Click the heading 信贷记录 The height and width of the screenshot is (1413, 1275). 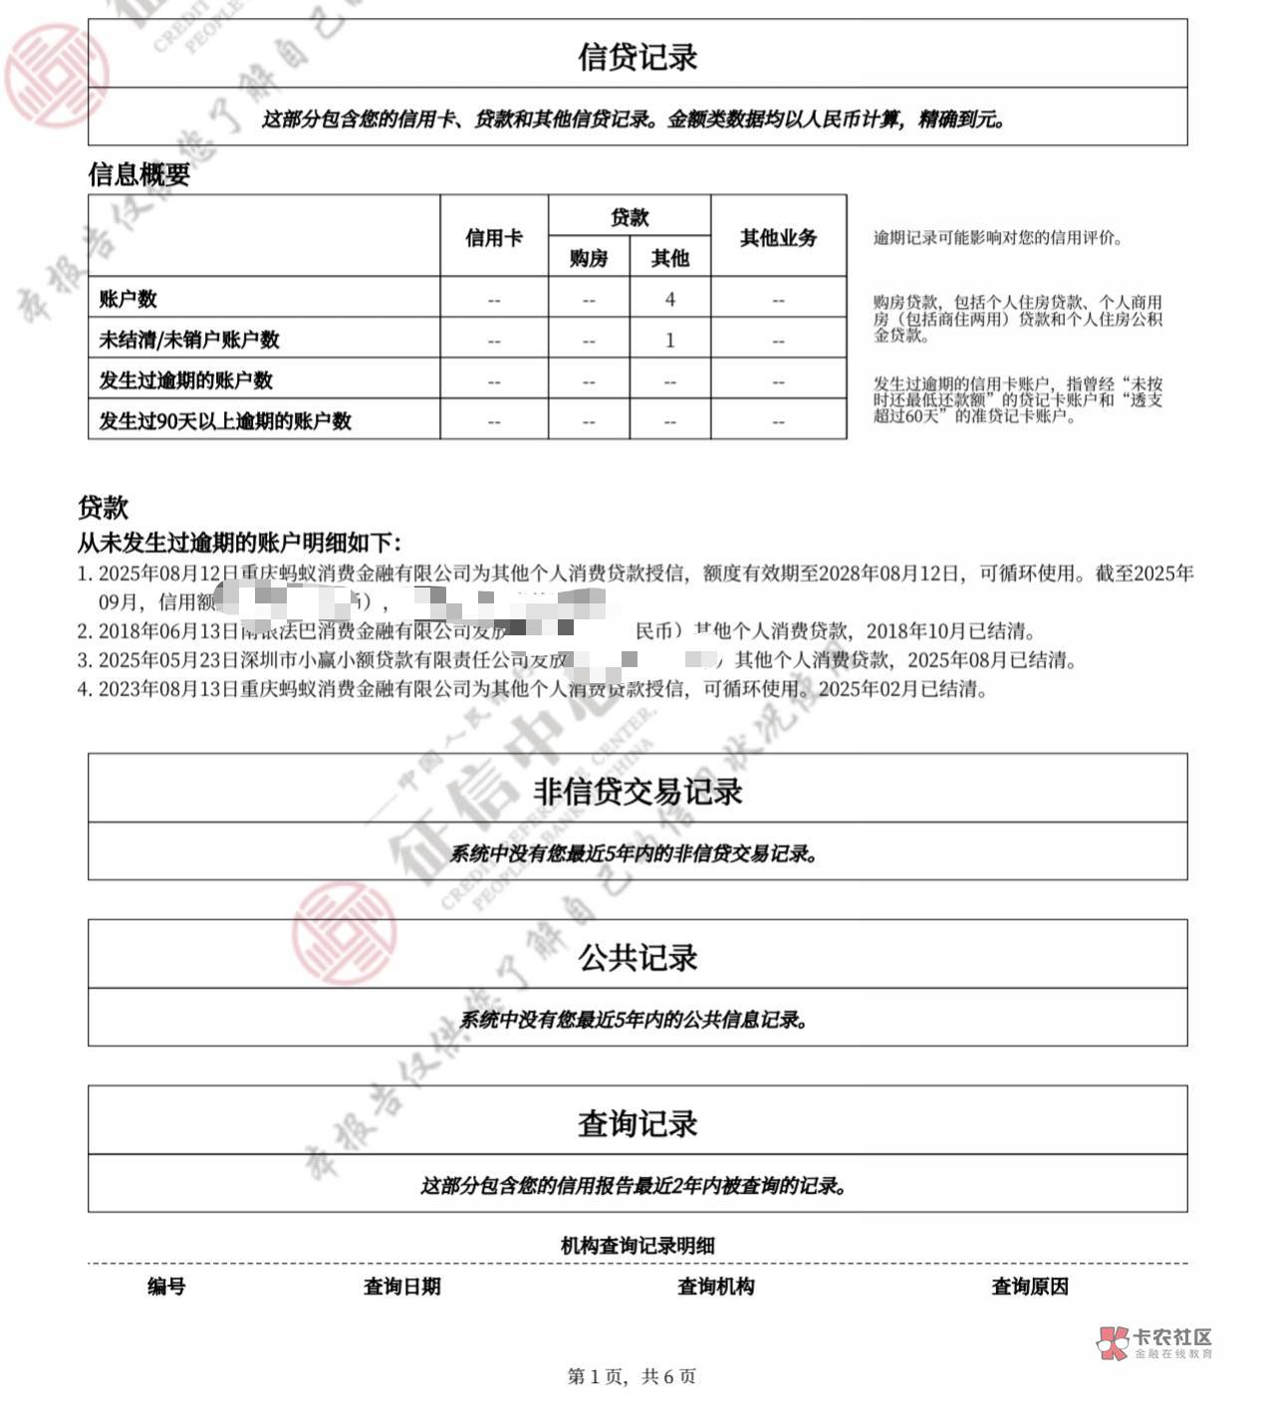(x=637, y=56)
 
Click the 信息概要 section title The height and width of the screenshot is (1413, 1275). (x=138, y=175)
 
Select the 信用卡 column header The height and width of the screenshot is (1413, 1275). (x=494, y=237)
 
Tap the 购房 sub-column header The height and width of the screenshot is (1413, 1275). (x=589, y=258)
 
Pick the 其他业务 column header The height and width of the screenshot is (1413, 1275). (x=778, y=237)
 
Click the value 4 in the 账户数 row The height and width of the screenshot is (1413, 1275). (x=670, y=299)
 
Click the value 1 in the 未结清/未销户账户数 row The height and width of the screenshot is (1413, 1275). (x=670, y=340)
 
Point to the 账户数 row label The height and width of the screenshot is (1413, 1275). (x=127, y=299)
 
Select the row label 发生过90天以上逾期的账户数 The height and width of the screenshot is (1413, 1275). (x=224, y=420)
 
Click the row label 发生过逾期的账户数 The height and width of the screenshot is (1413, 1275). (x=185, y=379)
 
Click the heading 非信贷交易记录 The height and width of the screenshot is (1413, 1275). (x=637, y=792)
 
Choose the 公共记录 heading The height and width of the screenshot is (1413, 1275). (x=637, y=957)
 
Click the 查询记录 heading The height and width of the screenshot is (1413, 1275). (x=637, y=1123)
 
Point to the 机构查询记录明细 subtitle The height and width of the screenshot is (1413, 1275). (x=637, y=1245)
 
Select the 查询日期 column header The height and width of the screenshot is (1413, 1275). (x=401, y=1287)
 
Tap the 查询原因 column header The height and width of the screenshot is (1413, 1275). (x=1030, y=1287)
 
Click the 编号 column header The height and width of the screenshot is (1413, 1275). (x=166, y=1287)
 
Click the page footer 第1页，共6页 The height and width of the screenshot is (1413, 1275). (x=632, y=1376)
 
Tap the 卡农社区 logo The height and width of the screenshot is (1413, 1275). (x=1155, y=1342)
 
